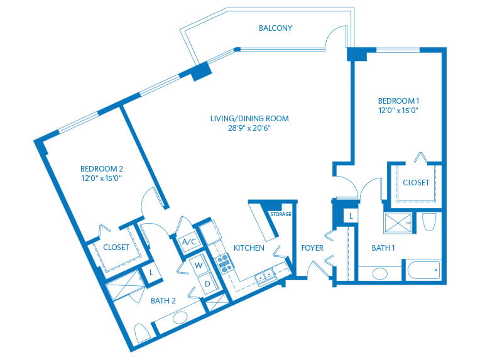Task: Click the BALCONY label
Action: coord(275,28)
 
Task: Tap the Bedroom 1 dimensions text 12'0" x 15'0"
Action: coord(398,110)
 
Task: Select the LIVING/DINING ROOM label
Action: coord(249,118)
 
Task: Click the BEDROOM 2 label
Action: coord(101,168)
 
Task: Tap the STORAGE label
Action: coord(280,214)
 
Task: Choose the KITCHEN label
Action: coord(249,248)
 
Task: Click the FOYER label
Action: coord(312,248)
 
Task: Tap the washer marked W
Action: coord(198,265)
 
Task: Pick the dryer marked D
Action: coord(207,283)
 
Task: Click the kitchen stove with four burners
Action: coord(224,264)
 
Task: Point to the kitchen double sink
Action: coord(265,276)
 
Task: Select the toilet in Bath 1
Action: coord(430,222)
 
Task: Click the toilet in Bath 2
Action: coord(142,332)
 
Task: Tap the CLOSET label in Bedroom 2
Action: coord(116,248)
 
